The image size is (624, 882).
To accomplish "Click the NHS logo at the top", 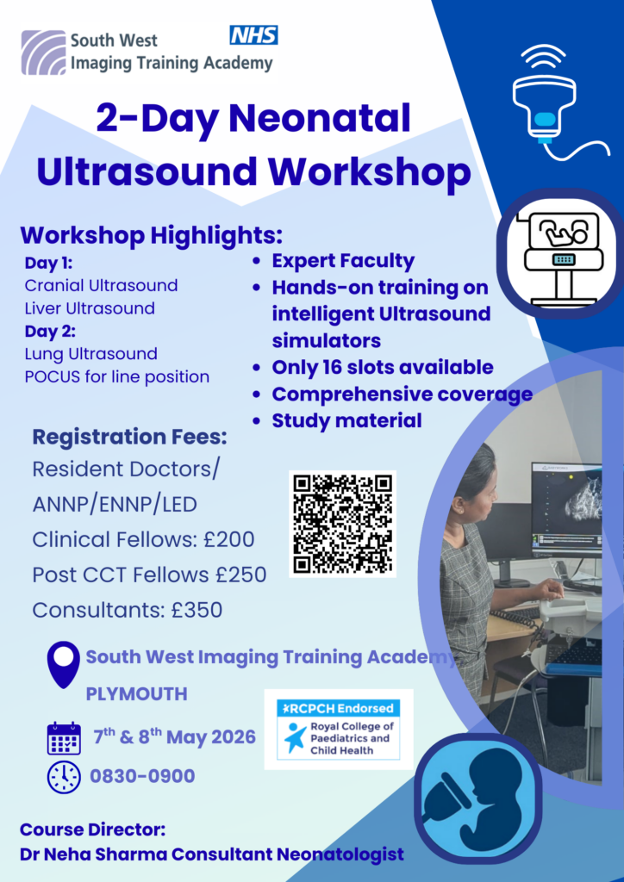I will click(253, 34).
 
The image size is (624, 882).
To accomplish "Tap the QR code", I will click(342, 523).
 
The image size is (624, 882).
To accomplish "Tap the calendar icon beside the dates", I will click(64, 739).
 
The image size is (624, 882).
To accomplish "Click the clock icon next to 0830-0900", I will click(64, 777).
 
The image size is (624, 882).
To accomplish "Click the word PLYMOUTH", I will click(136, 694).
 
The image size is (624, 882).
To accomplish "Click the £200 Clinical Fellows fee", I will click(229, 540).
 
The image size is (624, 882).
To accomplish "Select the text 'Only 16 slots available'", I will click(382, 367).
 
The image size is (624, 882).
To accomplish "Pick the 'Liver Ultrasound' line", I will click(90, 308).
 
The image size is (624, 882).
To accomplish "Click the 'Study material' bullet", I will click(346, 420).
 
